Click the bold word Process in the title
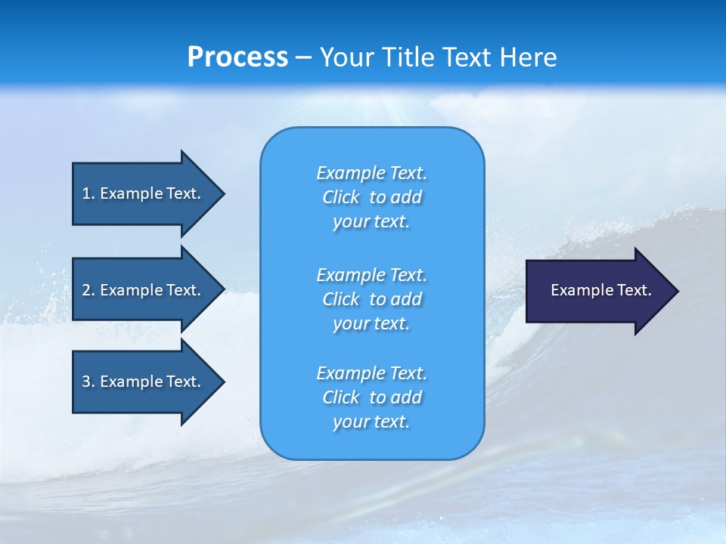click(237, 57)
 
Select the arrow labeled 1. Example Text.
click(144, 193)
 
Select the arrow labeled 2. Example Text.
click(144, 290)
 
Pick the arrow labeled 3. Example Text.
click(144, 382)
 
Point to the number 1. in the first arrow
click(88, 193)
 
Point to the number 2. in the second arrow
click(88, 290)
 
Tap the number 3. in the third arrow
click(88, 382)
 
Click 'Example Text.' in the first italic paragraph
click(371, 173)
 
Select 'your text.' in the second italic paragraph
click(371, 323)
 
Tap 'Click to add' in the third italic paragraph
click(371, 397)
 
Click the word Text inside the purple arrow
click(631, 290)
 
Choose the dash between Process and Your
click(303, 58)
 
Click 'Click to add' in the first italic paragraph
click(371, 197)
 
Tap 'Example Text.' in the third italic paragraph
click(371, 373)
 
